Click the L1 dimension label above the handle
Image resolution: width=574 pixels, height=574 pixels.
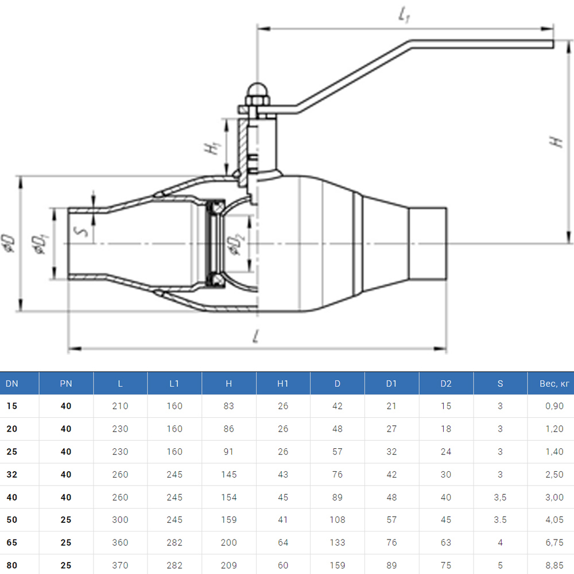(404, 17)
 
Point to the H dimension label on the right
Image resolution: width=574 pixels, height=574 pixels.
(556, 142)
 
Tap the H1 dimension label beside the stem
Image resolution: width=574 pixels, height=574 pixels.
(214, 148)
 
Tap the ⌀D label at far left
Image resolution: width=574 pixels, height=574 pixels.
(8, 243)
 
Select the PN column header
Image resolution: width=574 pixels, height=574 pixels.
(66, 383)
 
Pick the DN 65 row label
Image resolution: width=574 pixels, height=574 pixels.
(11, 542)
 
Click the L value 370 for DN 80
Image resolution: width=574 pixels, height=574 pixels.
(120, 565)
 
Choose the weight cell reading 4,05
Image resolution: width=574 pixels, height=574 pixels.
(554, 519)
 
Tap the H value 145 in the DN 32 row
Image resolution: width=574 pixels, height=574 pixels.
(228, 475)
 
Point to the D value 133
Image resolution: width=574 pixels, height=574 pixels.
(338, 542)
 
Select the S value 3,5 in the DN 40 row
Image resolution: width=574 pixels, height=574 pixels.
(500, 497)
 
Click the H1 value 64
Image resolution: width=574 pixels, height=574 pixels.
(283, 542)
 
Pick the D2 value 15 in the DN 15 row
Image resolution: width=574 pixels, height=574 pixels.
(446, 406)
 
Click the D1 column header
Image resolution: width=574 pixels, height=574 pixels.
(391, 383)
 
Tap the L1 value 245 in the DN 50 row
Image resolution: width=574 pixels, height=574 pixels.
(174, 519)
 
